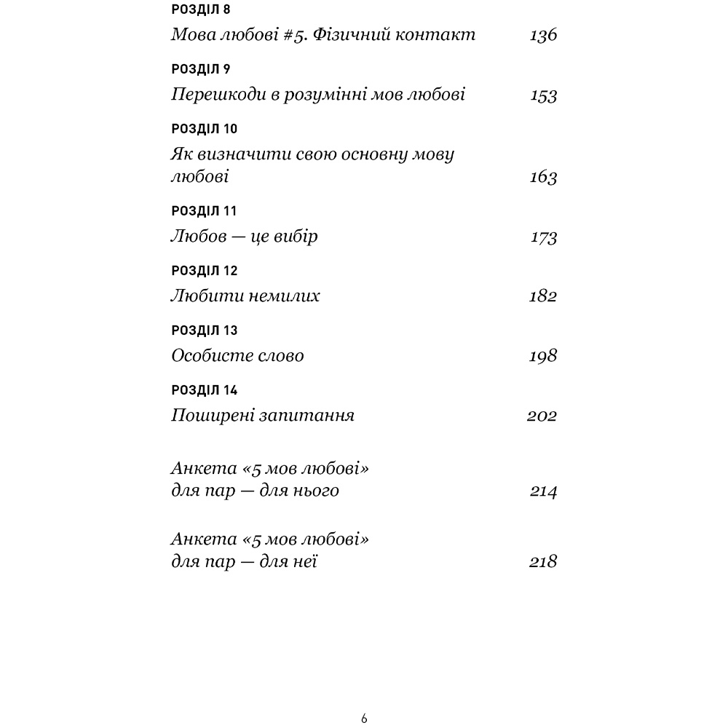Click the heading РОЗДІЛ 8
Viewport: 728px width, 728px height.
tap(200, 9)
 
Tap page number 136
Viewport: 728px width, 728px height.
tap(543, 35)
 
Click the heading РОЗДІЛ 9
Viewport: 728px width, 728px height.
tap(200, 69)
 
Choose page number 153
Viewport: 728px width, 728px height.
tap(543, 95)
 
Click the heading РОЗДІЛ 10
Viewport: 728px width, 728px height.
tap(204, 130)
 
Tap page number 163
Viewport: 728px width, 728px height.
tap(543, 178)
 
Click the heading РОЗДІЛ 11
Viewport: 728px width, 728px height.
tap(204, 211)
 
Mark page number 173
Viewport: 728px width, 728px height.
tap(543, 237)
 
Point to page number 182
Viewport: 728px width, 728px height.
tap(543, 297)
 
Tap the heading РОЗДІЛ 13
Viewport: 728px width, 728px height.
tap(204, 331)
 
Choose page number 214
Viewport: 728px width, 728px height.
tap(543, 491)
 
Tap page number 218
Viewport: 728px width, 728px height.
tap(543, 562)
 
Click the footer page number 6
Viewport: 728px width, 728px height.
tap(364, 719)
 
